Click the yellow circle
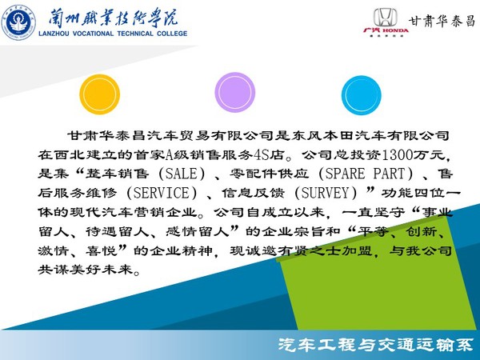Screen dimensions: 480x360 click(x=99, y=94)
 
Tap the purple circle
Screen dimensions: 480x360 click(x=234, y=92)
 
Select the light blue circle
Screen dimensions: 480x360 click(x=362, y=95)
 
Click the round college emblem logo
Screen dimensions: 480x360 click(x=18, y=22)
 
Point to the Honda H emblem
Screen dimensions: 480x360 click(x=386, y=18)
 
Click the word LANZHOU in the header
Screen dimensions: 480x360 click(x=54, y=34)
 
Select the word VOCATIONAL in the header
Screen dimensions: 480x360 click(x=93, y=34)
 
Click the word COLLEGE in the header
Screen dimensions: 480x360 click(x=172, y=34)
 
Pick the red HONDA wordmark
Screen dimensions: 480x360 click(x=395, y=30)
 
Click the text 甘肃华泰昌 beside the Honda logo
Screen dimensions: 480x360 click(x=442, y=21)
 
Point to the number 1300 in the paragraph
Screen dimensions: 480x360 click(x=398, y=154)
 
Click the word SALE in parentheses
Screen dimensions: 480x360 click(x=181, y=174)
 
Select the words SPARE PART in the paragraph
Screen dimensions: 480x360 click(x=365, y=174)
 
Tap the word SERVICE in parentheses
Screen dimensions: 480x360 click(x=162, y=193)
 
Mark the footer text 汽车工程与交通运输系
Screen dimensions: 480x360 click(x=376, y=345)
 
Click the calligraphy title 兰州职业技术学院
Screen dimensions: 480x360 click(x=114, y=18)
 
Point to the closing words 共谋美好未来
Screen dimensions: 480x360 click(x=86, y=270)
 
